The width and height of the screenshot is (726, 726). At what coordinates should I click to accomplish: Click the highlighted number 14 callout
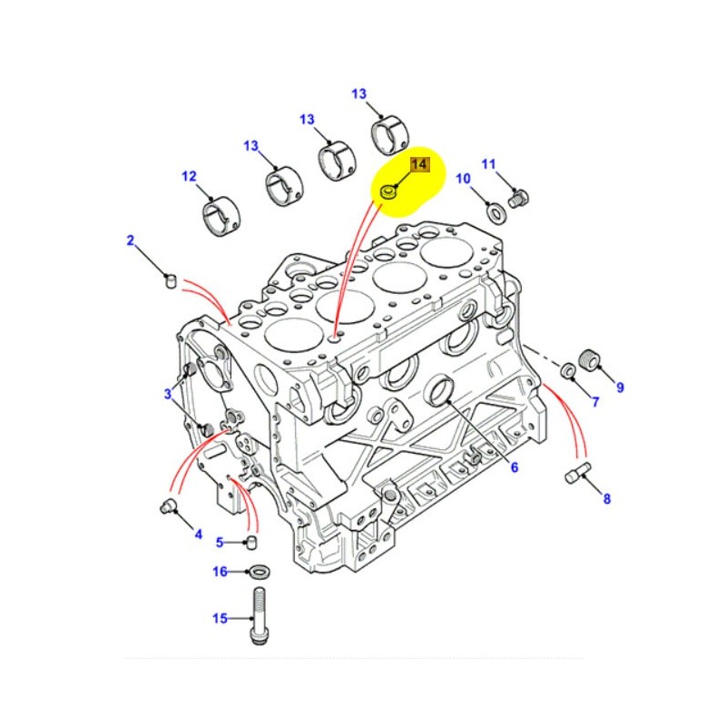coord(419,164)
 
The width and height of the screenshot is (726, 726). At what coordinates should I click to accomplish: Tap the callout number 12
coord(189,177)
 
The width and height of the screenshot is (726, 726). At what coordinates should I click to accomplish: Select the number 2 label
coord(130,240)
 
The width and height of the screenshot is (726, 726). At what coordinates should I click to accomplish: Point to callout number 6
coord(514,468)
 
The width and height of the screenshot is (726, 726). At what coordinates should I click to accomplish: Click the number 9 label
coord(621,388)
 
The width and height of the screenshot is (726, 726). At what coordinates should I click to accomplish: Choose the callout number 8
coord(606,498)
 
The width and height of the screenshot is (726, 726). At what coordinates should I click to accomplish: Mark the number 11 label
coord(489,164)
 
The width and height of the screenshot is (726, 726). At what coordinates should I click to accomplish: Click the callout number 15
coord(220,619)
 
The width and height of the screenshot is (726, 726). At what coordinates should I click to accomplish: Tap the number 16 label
coord(220,572)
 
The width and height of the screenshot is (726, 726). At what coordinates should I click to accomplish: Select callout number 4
coord(198,535)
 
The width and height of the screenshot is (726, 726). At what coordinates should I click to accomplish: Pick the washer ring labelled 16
coord(258,572)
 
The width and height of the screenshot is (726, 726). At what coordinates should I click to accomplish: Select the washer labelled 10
coord(498,213)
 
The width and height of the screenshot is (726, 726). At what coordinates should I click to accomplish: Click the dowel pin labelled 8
coord(577,473)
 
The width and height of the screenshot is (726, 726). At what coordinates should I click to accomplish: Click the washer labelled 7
coord(567,370)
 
